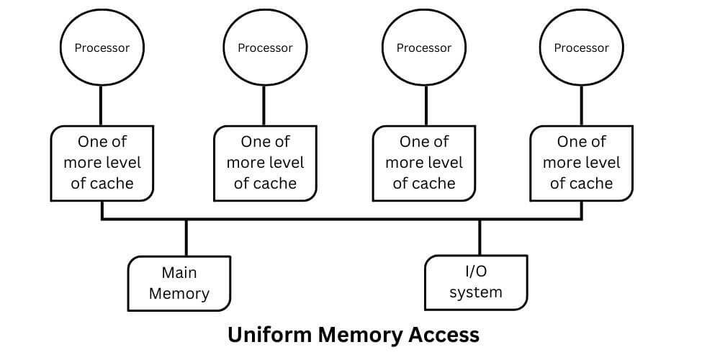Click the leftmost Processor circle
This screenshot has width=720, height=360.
(x=102, y=48)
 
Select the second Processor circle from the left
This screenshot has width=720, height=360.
(x=265, y=48)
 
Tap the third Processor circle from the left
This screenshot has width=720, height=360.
(x=423, y=48)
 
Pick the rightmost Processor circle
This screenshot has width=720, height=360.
(x=581, y=48)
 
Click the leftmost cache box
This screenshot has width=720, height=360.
(x=102, y=163)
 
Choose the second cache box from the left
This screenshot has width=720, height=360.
(x=265, y=163)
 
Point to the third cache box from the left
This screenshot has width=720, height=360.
(x=423, y=163)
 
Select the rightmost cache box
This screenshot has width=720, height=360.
(x=581, y=163)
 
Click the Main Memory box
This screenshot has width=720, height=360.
(x=179, y=283)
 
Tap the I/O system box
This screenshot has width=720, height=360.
(x=475, y=282)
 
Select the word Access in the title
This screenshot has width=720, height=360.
(x=444, y=335)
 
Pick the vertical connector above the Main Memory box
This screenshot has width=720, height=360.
(x=186, y=237)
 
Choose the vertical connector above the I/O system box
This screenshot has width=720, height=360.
(x=480, y=237)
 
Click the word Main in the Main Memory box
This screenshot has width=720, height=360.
(x=179, y=273)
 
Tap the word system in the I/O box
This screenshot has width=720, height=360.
(x=475, y=292)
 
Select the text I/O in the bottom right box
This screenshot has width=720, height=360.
(x=475, y=271)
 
